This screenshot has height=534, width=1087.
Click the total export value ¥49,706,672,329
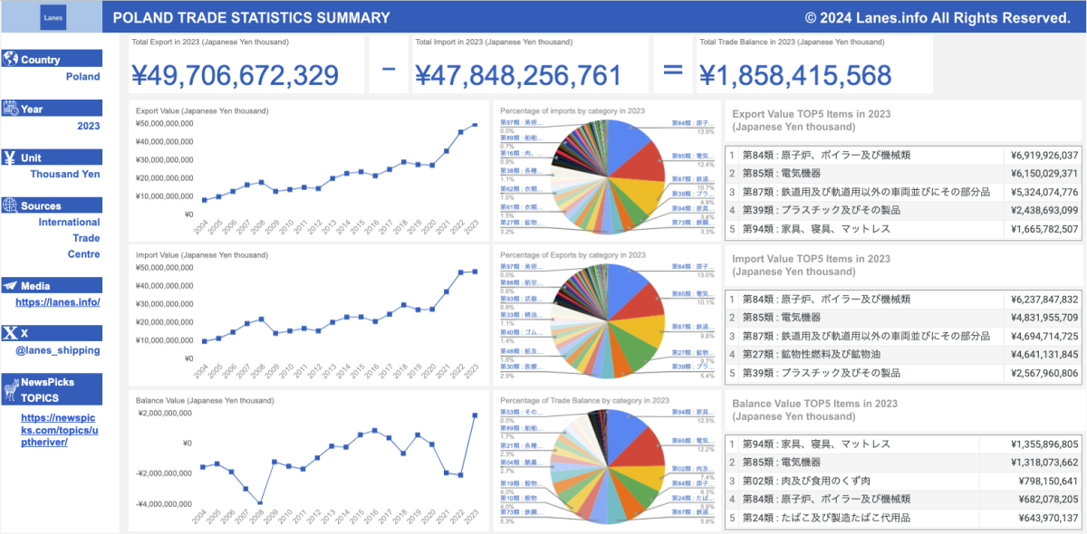(236, 76)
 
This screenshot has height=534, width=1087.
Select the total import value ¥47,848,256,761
(518, 76)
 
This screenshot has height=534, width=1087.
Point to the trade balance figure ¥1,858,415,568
(794, 76)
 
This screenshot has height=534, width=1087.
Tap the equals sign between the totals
(672, 72)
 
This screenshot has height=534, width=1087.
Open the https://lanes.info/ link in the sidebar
(58, 302)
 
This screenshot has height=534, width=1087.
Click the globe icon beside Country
(11, 60)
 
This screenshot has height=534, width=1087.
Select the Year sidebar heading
(33, 109)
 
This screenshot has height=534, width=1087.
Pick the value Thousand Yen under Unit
(65, 174)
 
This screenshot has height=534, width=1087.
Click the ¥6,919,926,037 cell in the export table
(1042, 156)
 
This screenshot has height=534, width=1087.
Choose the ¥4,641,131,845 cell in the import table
(1042, 355)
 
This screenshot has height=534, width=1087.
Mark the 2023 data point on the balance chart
(475, 415)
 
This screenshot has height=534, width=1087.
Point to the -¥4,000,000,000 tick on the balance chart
(165, 503)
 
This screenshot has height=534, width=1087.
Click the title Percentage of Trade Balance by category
(584, 400)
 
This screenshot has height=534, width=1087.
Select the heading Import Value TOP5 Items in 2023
(811, 260)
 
